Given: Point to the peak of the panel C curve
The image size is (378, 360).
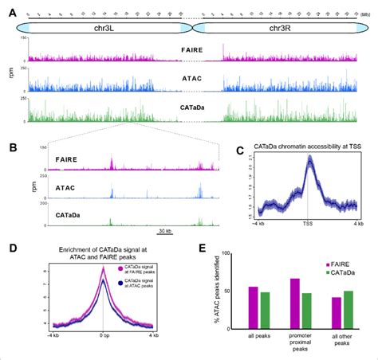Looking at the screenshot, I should click(x=308, y=159).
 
